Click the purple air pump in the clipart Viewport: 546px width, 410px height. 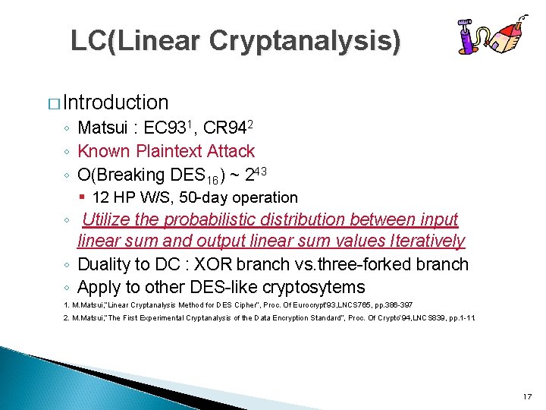pos(469,39)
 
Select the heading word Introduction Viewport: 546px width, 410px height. pos(116,102)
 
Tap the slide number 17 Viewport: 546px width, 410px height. pos(527,397)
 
